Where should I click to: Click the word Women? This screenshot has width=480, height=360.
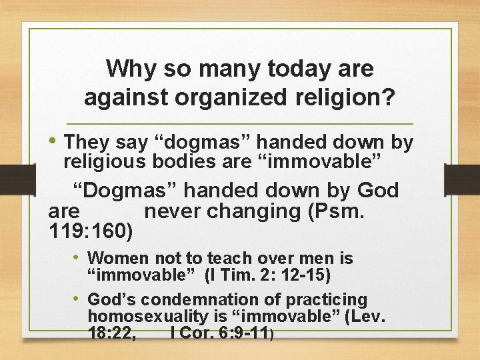[119, 258]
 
